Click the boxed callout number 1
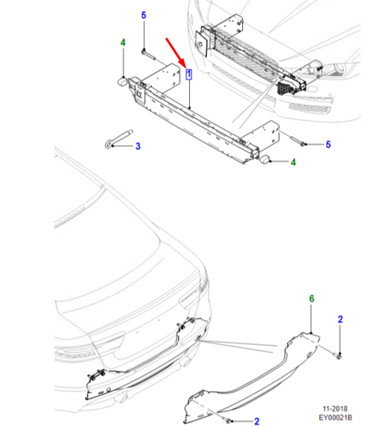(188, 74)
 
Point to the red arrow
(176, 53)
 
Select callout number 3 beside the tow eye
(138, 146)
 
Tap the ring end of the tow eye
(109, 143)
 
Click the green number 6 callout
(312, 298)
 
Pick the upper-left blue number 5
(144, 16)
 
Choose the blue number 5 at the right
(328, 144)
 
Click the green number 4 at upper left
(123, 43)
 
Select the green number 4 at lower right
(293, 162)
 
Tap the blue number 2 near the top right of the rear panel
(340, 319)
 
